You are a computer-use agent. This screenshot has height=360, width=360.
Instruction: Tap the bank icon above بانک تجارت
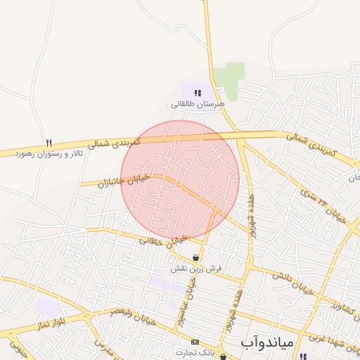pos(195,342)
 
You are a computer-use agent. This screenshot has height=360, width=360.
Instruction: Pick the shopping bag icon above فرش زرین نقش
pos(195,258)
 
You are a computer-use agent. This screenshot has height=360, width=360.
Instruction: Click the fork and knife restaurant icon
pos(49,142)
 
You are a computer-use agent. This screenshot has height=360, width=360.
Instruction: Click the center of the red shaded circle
pos(180,180)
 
